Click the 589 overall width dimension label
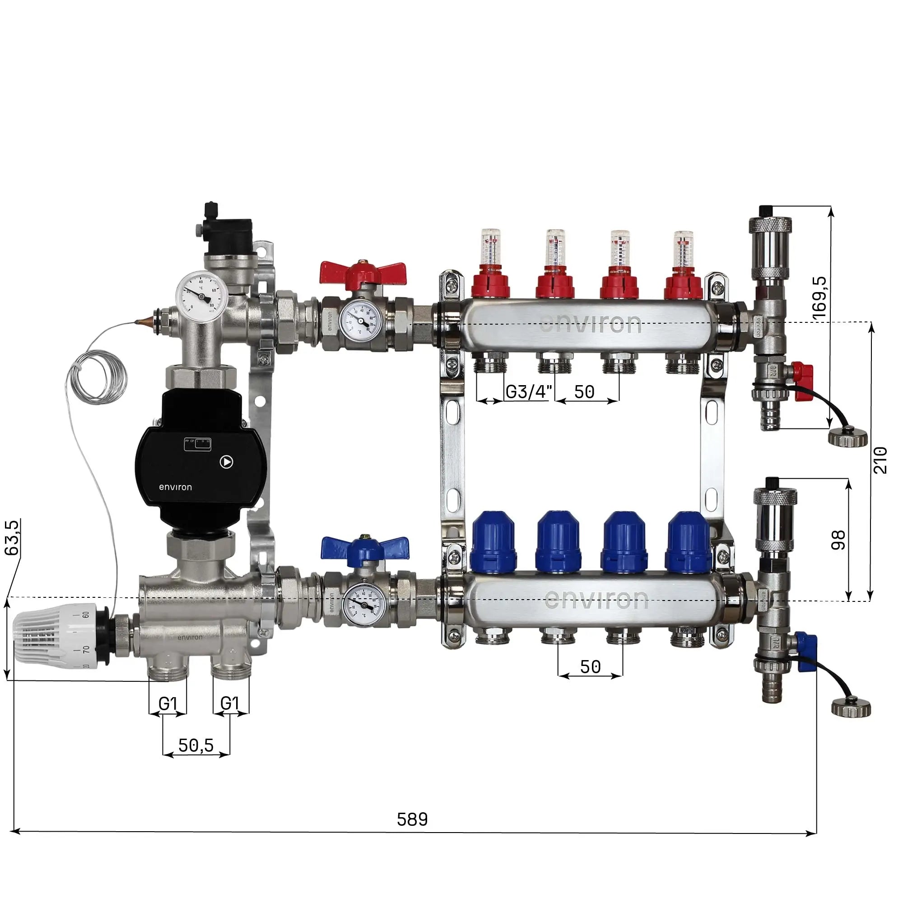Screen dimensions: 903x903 pos(412,819)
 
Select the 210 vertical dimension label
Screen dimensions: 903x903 pos(880,460)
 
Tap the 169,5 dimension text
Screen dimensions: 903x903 pos(819,298)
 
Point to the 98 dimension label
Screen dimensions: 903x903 pos(838,540)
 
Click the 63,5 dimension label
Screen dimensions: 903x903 pos(13,537)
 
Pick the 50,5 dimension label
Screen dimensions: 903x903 pos(196,745)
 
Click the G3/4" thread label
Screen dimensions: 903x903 pos(529,391)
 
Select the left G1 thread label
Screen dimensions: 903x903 pos(168,703)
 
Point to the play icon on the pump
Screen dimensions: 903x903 pos(226,462)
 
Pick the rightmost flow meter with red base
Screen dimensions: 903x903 pos(684,266)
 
